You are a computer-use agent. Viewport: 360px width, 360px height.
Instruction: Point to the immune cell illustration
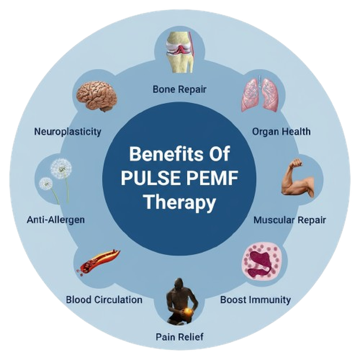coord(261,264)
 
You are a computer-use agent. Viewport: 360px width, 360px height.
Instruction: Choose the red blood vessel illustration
coord(97,262)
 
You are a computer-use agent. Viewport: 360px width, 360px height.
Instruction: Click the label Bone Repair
coord(179,89)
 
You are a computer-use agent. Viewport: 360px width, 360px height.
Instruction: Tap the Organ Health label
coord(281,132)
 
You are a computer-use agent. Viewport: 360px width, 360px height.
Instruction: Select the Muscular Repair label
coord(290,219)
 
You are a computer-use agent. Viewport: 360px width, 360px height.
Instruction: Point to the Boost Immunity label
coord(255,299)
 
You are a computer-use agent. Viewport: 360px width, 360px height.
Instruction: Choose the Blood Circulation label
coord(104,299)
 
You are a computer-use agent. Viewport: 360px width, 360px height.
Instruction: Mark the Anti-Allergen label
coord(56,219)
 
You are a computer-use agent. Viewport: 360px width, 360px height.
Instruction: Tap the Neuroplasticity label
coord(68,132)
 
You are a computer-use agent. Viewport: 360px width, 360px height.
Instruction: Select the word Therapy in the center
coord(179,202)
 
